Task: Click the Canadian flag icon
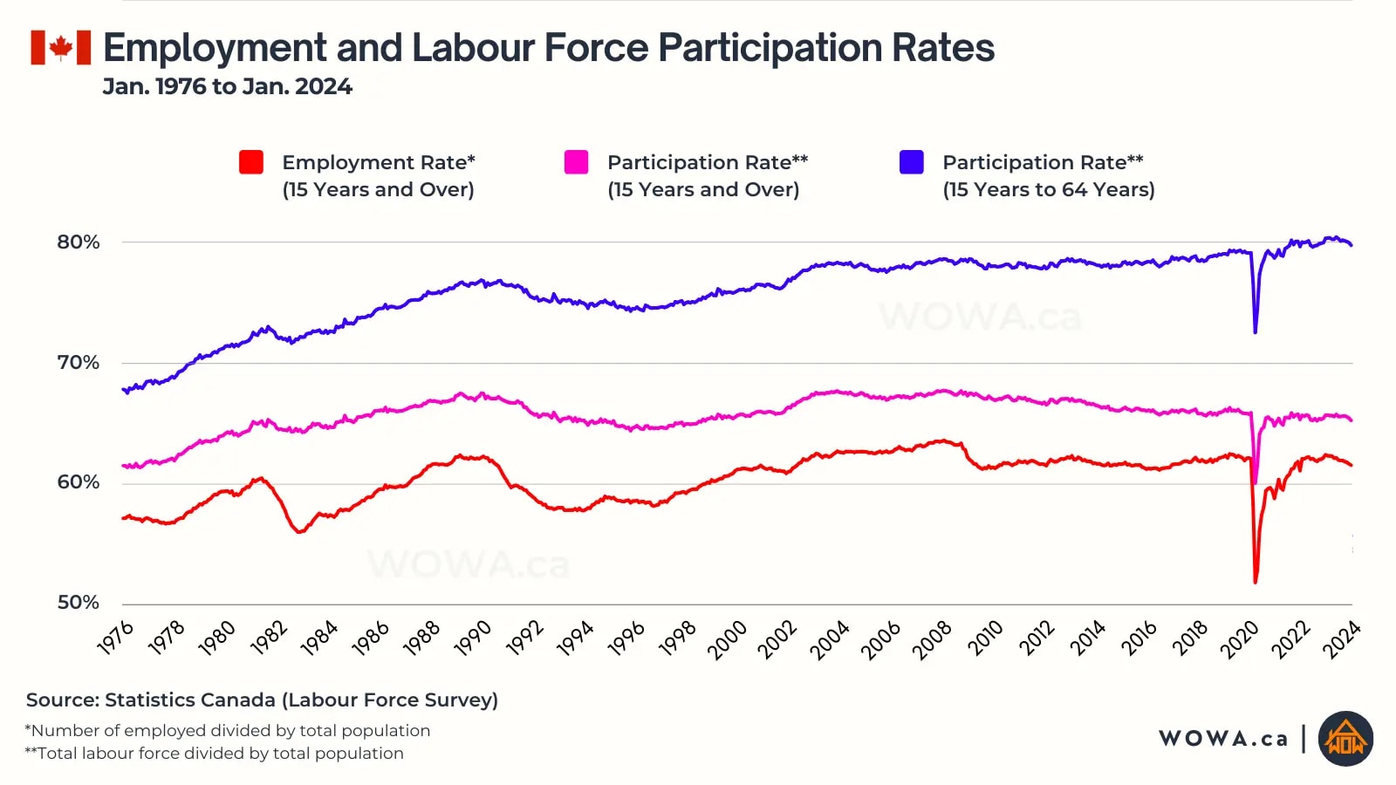pos(60,48)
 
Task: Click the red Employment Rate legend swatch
pos(251,162)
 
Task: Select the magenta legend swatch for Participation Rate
pos(576,162)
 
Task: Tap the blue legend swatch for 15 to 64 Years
pos(912,162)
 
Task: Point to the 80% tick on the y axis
pos(79,242)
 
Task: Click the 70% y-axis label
pos(79,363)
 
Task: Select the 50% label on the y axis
pos(79,603)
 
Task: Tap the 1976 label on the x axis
pos(116,638)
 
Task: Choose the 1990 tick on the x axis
pos(474,638)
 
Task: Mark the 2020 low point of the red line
pos(1256,582)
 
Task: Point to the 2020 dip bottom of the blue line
pos(1256,332)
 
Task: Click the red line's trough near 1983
pos(299,531)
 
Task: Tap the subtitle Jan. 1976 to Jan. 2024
pos(227,86)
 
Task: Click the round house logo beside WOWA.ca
pos(1345,739)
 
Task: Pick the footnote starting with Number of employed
pos(228,731)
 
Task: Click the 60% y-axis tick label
pos(79,482)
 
